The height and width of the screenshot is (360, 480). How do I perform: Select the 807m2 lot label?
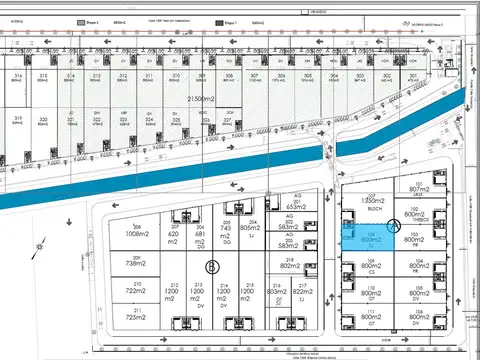[x=418, y=188]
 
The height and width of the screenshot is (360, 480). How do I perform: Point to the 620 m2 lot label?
[x=174, y=236]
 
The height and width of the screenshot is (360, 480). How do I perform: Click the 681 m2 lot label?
[x=198, y=236]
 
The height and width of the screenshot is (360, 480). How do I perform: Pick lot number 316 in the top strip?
[x=18, y=76]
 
